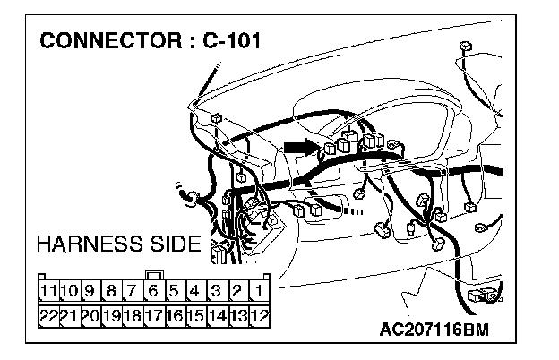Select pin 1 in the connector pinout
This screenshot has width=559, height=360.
tap(258, 290)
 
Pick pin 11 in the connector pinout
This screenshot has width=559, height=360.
tap(48, 290)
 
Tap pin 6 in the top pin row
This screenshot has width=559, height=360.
tap(153, 290)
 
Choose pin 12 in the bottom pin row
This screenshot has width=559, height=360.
tap(258, 314)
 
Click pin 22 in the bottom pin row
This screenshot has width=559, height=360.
tap(48, 314)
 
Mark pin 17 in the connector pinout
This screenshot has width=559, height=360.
tap(153, 314)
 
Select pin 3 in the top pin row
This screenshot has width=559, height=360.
tap(216, 290)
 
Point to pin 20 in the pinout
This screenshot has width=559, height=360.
tap(90, 314)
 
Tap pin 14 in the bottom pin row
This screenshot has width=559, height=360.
tap(216, 314)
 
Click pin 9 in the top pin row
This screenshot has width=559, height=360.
tap(90, 290)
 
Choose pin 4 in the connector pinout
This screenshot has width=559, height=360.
tap(195, 290)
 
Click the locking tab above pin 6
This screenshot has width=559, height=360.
tap(153, 274)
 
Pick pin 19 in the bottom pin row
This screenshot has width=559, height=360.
tap(111, 314)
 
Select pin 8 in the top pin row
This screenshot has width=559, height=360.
tap(111, 290)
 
